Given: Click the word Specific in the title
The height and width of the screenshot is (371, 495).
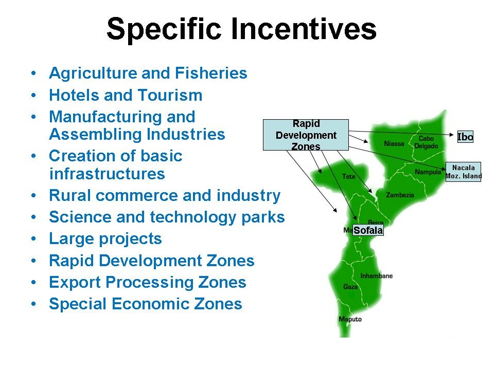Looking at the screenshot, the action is [164, 29].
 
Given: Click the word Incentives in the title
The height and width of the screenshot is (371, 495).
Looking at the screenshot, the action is [304, 28].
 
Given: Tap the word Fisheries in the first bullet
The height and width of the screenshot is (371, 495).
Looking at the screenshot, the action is [211, 73].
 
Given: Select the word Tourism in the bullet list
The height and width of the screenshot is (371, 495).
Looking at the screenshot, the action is [170, 95].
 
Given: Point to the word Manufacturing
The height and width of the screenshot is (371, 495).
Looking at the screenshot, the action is [122, 117].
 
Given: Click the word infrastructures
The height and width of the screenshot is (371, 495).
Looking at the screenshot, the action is [107, 173].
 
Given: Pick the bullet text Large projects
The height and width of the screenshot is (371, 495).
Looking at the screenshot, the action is [105, 239].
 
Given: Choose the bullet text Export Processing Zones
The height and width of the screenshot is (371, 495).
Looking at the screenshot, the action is [148, 282].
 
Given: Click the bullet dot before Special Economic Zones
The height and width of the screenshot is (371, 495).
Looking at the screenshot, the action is [34, 304].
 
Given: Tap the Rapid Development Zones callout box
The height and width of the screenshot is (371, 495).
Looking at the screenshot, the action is [306, 135].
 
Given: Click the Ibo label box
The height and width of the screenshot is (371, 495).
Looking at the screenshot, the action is [465, 137].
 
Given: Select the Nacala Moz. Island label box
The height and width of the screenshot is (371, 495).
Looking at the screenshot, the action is [464, 172].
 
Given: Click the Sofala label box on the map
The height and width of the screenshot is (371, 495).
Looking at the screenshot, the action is [368, 230].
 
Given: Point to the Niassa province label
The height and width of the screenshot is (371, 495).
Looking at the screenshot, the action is [394, 144].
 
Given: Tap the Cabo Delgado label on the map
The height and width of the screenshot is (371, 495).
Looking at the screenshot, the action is [426, 142].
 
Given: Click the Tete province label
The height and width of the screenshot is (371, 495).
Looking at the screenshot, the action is [349, 177].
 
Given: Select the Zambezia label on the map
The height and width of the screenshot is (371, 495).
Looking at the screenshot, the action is [400, 195].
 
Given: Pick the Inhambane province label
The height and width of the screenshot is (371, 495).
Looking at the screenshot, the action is [377, 276].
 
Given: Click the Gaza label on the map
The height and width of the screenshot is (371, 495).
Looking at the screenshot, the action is [350, 287].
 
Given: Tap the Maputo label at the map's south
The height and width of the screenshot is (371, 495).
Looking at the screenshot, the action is [350, 319].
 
